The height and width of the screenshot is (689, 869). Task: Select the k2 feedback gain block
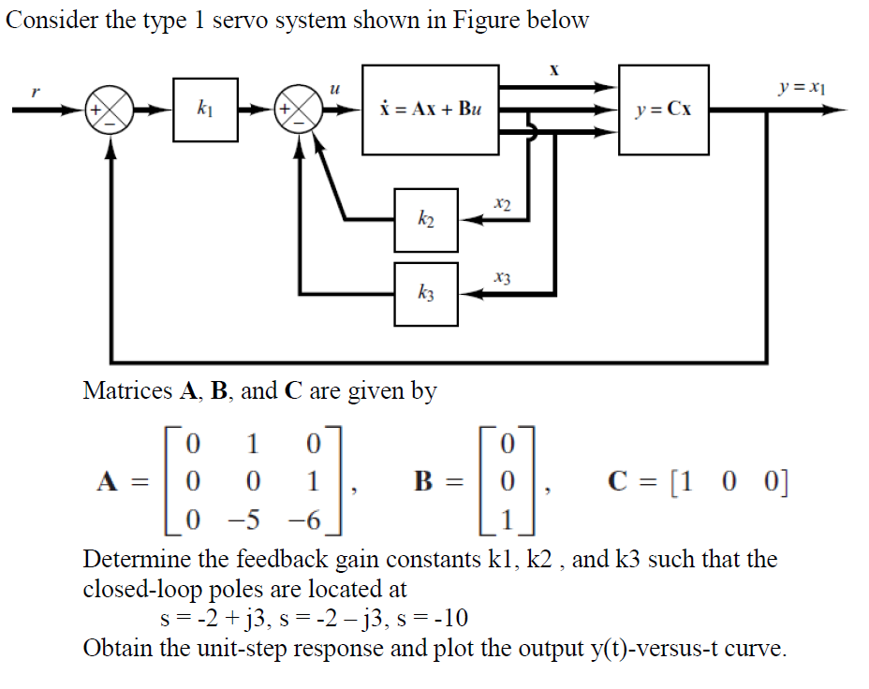click(x=426, y=220)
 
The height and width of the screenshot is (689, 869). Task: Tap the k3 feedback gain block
click(x=426, y=294)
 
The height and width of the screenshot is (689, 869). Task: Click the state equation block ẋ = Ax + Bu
click(x=430, y=110)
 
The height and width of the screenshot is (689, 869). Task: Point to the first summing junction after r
click(x=110, y=110)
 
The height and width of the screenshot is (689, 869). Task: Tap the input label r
click(x=36, y=92)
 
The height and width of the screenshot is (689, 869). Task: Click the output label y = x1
click(x=802, y=89)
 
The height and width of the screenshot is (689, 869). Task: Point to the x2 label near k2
click(x=502, y=203)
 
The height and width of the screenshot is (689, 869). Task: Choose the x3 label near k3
click(x=502, y=277)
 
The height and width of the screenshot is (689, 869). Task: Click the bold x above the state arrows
click(x=554, y=70)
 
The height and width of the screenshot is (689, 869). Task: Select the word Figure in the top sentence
click(x=488, y=21)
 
